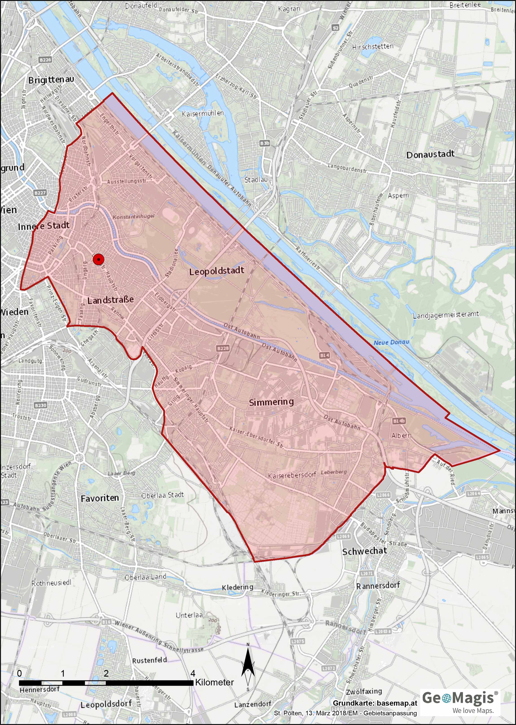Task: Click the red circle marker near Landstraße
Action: [x=98, y=259]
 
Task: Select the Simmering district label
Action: [x=271, y=402]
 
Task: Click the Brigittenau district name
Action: [x=51, y=79]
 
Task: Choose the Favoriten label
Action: [x=100, y=498]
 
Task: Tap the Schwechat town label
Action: [x=364, y=551]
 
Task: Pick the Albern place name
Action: [x=402, y=435]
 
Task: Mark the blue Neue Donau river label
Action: [x=391, y=342]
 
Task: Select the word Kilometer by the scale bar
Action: [x=214, y=682]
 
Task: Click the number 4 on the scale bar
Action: [x=192, y=673]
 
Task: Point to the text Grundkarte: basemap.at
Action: [x=375, y=703]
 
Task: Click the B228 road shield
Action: [x=223, y=348]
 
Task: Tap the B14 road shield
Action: [x=324, y=355]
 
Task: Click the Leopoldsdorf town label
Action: [x=106, y=704]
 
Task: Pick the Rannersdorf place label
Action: [x=378, y=585]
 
